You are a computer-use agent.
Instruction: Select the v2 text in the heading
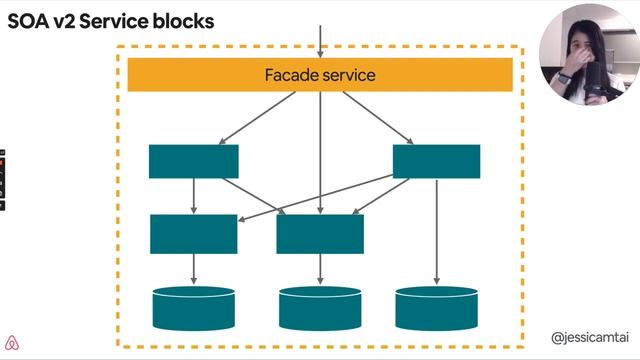coord(77,20)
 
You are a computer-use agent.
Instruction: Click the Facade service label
coord(320,75)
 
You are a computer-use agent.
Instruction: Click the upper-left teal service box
coord(194,161)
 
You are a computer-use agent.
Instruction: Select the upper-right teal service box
coord(436,161)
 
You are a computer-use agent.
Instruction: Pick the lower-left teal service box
coord(194,233)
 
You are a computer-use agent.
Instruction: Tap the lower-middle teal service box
coord(320,233)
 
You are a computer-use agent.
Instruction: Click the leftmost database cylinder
coord(194,308)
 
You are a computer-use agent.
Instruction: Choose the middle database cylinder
coord(320,308)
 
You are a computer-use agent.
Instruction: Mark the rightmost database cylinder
coord(436,308)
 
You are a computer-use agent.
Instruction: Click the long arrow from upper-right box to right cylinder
coord(437,230)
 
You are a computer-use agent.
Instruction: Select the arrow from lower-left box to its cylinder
coord(194,268)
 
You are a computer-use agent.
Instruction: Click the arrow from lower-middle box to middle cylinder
coord(320,268)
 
